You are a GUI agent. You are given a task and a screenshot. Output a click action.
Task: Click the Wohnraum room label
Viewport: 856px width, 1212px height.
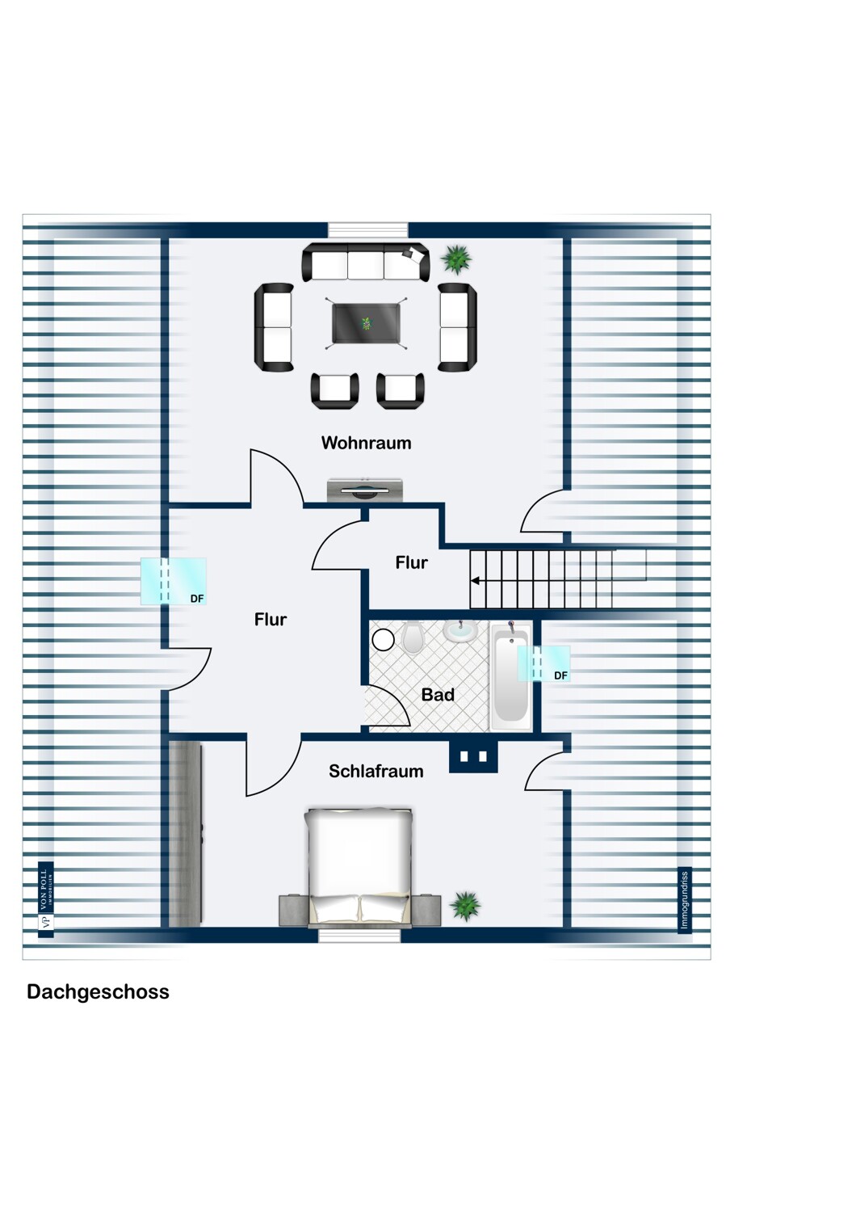tap(366, 443)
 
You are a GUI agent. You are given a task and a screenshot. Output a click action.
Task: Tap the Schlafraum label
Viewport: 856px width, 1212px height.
tap(376, 771)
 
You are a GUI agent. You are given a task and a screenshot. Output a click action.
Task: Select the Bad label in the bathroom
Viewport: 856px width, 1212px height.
tap(438, 695)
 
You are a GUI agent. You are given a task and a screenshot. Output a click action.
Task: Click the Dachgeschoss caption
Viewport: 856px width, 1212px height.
tap(98, 992)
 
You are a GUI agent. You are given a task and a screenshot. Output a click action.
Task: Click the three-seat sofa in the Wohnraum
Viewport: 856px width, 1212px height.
tap(365, 263)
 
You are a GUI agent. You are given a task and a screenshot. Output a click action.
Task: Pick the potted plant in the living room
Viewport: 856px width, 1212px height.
tap(456, 259)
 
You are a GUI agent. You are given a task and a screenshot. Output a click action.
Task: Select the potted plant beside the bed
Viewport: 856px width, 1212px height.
tap(465, 906)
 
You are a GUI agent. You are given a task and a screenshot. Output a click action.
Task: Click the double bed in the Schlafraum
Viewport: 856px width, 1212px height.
tap(359, 865)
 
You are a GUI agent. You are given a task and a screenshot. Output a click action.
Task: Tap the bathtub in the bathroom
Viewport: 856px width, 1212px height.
tap(510, 677)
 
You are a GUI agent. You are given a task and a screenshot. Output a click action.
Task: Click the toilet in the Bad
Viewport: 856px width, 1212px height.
tap(413, 638)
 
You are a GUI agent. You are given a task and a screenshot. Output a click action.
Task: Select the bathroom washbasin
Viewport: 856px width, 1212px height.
tap(459, 630)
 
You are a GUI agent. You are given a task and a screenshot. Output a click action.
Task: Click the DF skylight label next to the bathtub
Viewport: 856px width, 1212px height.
tap(560, 675)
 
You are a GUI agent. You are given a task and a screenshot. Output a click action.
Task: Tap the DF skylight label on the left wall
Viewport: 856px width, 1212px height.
tap(197, 599)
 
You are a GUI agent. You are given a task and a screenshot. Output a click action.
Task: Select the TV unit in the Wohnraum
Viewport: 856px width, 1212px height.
tap(364, 490)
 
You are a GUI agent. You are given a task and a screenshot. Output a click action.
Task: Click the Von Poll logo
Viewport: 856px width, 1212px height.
tap(46, 899)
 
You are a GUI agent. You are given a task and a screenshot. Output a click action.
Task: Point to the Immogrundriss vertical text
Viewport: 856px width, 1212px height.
tap(684, 900)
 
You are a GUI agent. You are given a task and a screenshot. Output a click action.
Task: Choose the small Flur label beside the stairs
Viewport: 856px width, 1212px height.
tap(411, 562)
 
